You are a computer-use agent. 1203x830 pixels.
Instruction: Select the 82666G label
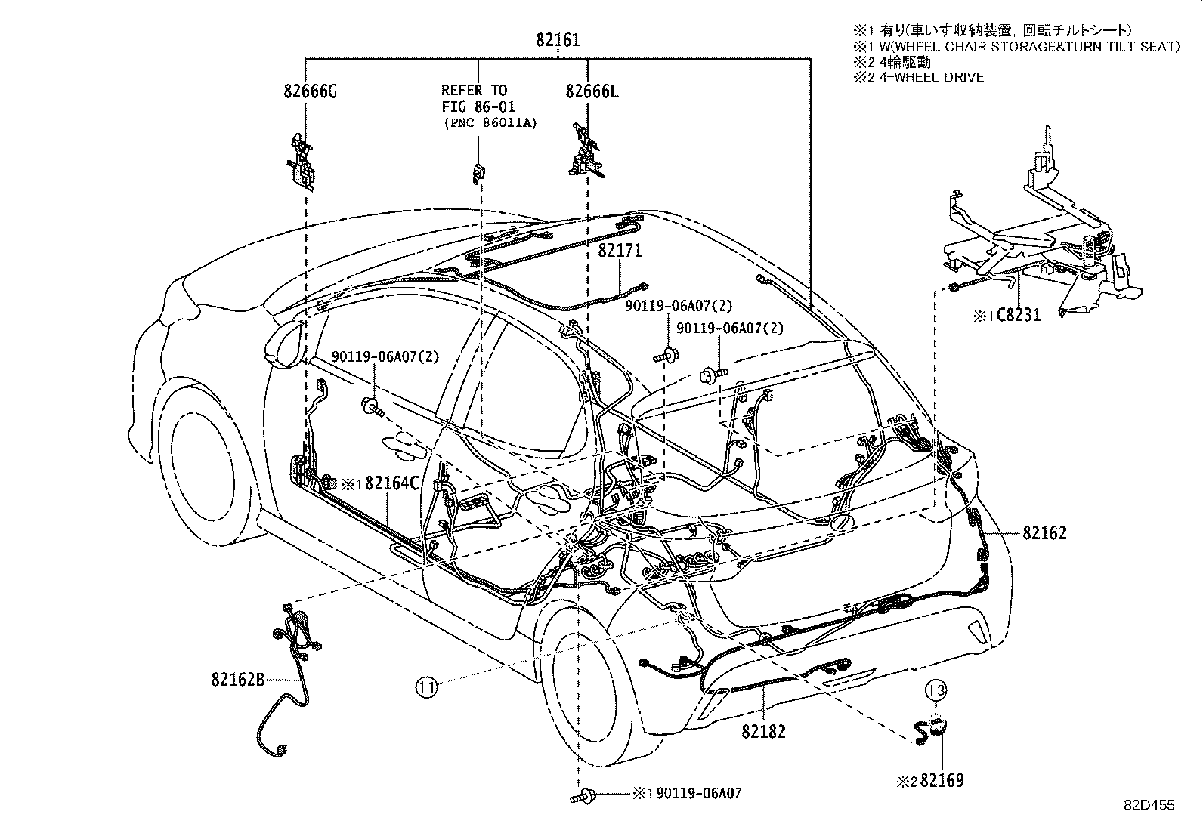click(x=311, y=91)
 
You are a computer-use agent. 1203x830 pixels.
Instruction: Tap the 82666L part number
click(x=592, y=91)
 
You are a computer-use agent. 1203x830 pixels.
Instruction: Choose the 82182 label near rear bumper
click(x=763, y=731)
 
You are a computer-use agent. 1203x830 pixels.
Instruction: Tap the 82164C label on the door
click(x=391, y=483)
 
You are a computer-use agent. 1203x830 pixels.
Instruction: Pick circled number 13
click(x=936, y=690)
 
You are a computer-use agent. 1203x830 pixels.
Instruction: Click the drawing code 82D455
click(x=1148, y=806)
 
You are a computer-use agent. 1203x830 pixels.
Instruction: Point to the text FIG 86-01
click(x=475, y=106)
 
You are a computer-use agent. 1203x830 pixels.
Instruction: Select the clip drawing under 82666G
click(x=303, y=161)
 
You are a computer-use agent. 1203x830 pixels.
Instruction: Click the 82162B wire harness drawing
click(x=295, y=657)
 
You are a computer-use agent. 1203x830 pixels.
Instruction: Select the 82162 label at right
click(x=1045, y=533)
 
